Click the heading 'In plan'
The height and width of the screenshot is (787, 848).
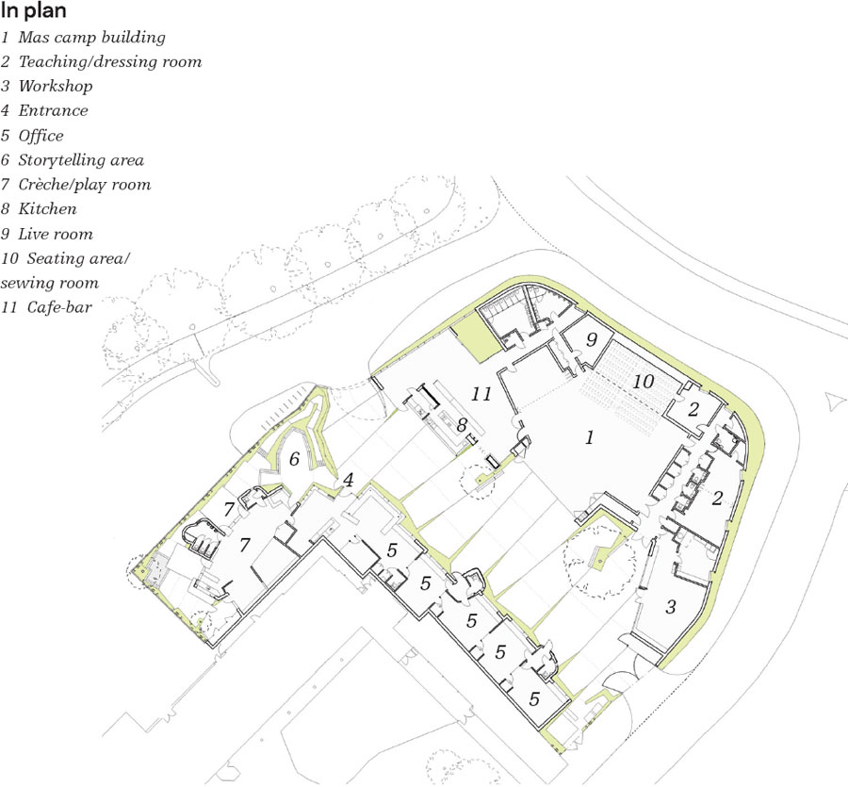pos(34,10)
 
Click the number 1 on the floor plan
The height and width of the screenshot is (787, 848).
pos(590,437)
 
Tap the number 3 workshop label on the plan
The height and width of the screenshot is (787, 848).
pos(671,606)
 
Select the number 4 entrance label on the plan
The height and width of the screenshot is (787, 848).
pos(349,480)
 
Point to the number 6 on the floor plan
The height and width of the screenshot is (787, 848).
pos(294,459)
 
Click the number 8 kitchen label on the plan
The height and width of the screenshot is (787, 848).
pos(462,425)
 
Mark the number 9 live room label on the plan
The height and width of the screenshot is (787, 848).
pos(592,339)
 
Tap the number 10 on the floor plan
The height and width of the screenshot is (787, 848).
pos(644,382)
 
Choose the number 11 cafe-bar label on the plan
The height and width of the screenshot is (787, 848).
pos(481,394)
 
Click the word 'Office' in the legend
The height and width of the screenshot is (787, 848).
pos(41,135)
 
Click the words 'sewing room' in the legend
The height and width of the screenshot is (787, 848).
pos(50,283)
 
